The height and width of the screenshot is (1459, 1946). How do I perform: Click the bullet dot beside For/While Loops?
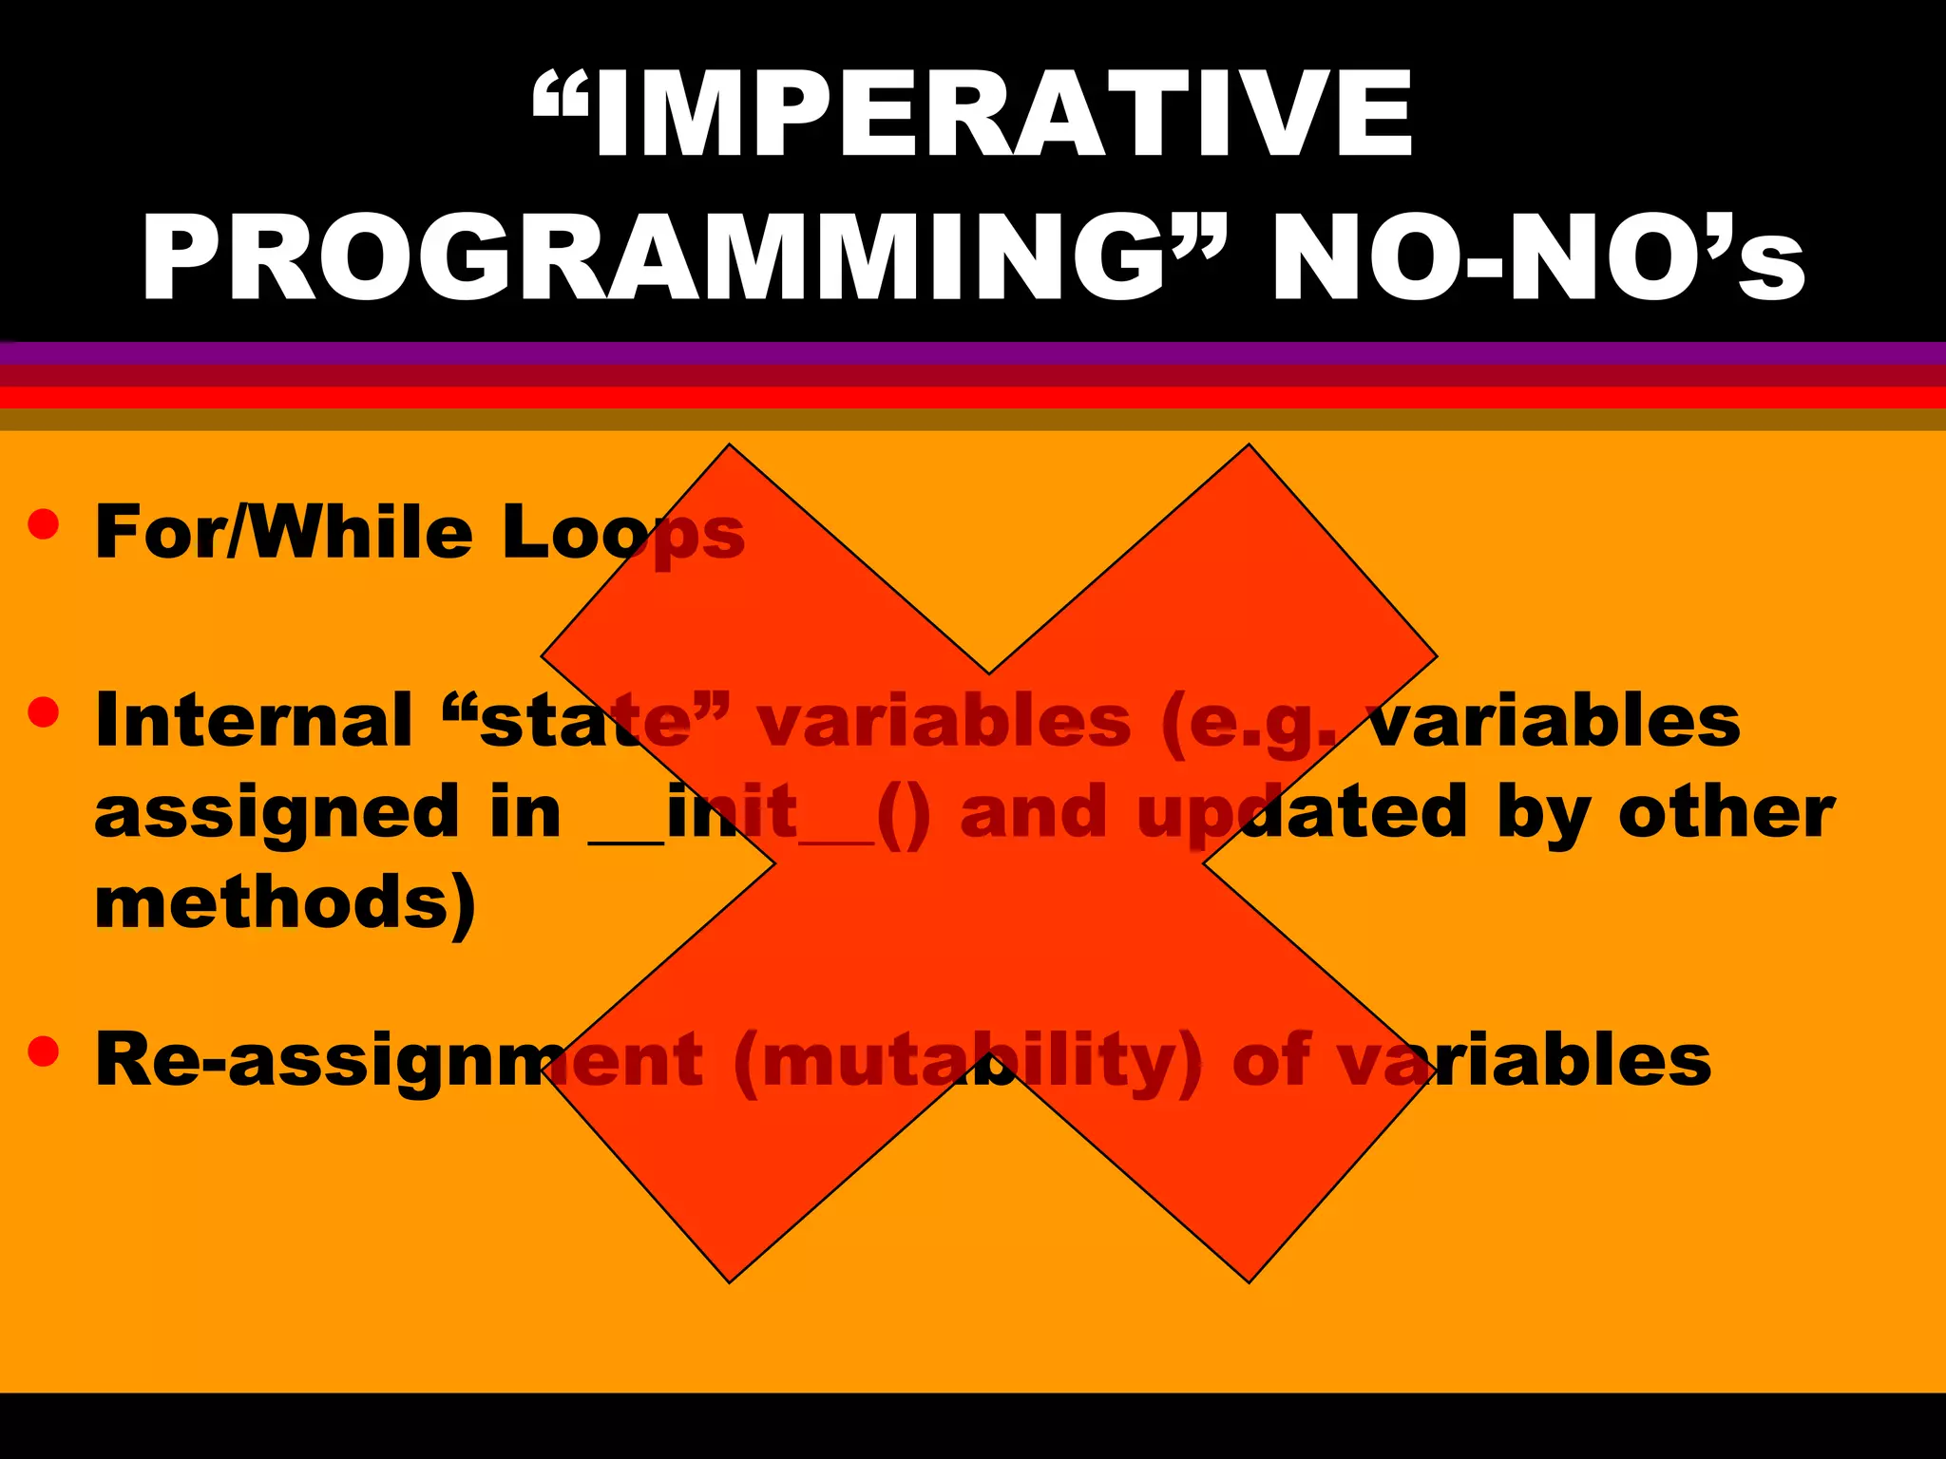(44, 524)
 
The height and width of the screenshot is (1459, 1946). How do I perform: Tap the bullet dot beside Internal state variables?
(44, 711)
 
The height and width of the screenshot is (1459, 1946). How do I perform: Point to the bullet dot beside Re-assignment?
(44, 1051)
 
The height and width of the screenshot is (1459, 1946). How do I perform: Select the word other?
(1726, 812)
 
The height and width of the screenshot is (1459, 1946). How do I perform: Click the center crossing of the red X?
(988, 862)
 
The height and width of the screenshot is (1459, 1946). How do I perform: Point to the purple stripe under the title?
(973, 353)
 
